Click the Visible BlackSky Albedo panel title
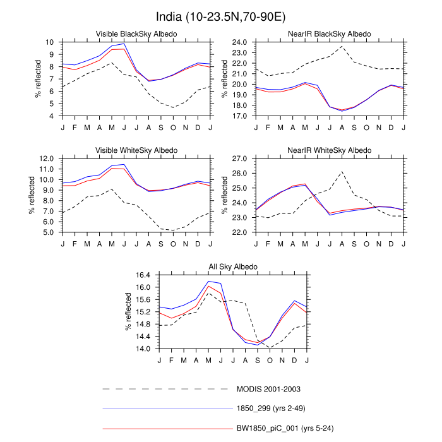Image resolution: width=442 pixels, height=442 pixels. (136, 33)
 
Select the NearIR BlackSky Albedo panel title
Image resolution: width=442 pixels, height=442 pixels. (329, 33)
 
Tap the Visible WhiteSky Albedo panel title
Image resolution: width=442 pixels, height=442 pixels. (136, 150)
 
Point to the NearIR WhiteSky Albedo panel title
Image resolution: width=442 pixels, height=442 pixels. (329, 150)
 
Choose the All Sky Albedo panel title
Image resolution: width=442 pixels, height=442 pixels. (232, 267)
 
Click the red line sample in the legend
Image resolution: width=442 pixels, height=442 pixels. (167, 429)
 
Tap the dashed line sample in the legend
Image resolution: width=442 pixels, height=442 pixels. (167, 388)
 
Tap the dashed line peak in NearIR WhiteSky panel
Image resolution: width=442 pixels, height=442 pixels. (342, 172)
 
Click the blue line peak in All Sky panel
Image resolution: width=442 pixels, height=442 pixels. (208, 281)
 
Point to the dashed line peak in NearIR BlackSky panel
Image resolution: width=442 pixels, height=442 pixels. (342, 46)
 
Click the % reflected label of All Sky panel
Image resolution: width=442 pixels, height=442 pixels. (128, 312)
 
